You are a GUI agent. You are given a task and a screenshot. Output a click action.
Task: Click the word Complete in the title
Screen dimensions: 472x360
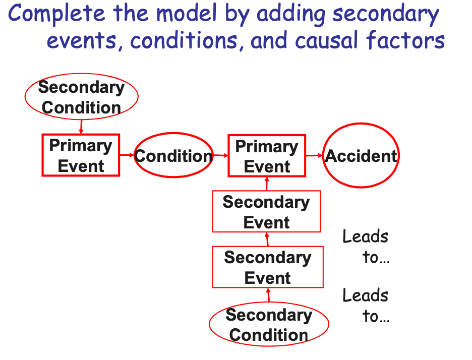point(56,14)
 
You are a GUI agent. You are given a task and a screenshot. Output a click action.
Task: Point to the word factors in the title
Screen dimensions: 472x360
point(405,39)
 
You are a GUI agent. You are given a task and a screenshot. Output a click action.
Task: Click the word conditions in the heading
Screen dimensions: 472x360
point(187,40)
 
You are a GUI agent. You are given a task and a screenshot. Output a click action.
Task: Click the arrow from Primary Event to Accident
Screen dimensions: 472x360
point(314,156)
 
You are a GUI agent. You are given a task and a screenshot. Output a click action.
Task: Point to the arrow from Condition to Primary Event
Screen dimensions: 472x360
point(221,155)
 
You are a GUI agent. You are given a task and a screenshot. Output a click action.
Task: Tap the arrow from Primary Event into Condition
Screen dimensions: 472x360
point(127,155)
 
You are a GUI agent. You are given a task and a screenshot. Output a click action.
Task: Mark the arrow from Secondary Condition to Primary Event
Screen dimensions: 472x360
point(81,127)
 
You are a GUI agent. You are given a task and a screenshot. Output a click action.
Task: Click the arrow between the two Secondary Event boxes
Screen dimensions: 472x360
point(267,239)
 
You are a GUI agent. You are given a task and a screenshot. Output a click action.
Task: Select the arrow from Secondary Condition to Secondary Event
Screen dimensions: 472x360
point(268,295)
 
